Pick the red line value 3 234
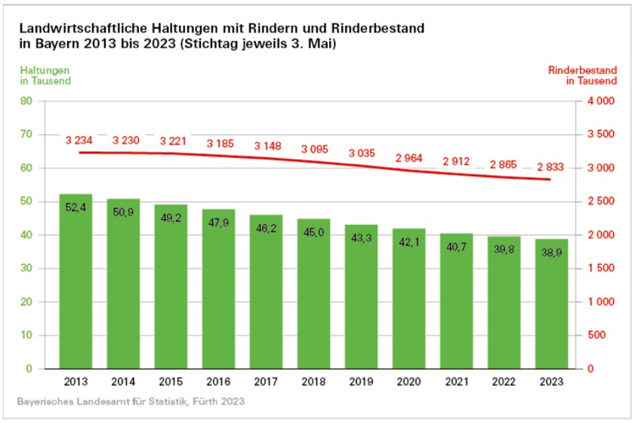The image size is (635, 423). (x=79, y=140)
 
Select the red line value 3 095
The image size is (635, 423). (x=314, y=150)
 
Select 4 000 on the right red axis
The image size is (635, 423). (x=600, y=101)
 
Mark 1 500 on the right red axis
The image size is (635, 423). (x=600, y=269)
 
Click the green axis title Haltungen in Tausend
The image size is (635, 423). (x=46, y=76)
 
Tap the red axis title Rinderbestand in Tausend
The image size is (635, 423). (x=582, y=76)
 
